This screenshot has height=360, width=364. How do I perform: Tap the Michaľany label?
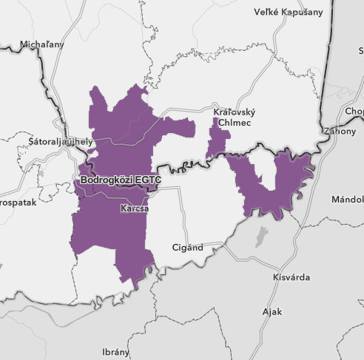(42, 44)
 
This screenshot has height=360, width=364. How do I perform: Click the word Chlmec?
(229, 121)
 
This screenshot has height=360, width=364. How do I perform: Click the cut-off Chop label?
(354, 112)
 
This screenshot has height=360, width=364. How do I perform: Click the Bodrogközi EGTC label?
(120, 179)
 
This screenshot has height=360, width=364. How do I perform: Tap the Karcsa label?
(134, 209)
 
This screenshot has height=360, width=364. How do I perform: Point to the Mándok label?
(347, 200)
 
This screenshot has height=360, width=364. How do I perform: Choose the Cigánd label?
(186, 248)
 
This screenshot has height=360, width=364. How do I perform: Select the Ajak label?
(272, 311)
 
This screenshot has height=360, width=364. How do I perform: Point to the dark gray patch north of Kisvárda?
(260, 237)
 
